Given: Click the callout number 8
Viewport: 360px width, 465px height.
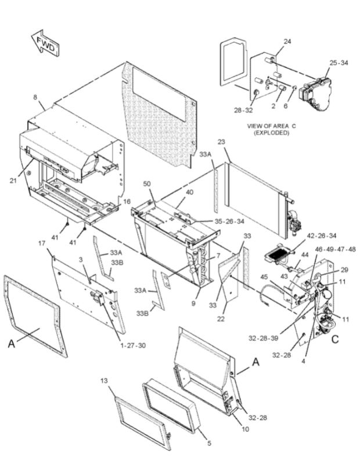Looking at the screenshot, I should tap(35, 97).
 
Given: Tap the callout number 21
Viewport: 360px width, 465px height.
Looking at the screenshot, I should tap(13, 180).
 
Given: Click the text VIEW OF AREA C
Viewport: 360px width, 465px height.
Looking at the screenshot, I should tap(271, 126).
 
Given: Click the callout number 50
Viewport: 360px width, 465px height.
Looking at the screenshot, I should tap(147, 184).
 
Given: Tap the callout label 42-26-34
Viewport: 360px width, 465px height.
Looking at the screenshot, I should tap(322, 236).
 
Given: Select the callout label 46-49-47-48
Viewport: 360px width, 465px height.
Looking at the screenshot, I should tap(336, 249).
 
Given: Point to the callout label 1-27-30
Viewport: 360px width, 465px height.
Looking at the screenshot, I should tap(133, 345).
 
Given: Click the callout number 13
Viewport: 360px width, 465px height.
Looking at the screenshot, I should tap(104, 381).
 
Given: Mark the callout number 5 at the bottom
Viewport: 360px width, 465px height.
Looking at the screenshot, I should tap(210, 443).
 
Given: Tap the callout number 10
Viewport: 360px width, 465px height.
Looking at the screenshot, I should tap(246, 429).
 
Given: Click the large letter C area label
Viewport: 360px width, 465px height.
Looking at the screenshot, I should tap(335, 341).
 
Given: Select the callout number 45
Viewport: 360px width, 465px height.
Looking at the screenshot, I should tap(264, 277).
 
